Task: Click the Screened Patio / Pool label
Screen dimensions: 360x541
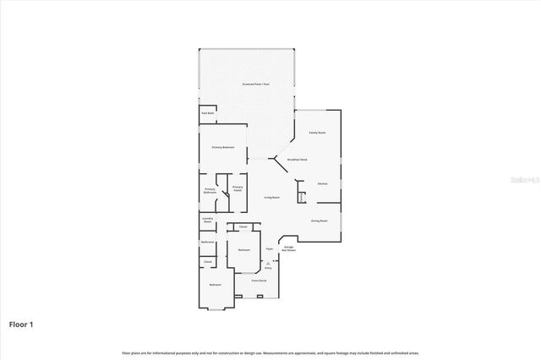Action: (x=255, y=85)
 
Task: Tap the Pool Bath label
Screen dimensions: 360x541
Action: (x=207, y=113)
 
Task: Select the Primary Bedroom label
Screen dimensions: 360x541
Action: (x=223, y=147)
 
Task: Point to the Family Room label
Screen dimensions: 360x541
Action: (x=317, y=133)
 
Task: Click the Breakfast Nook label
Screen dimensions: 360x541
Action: (x=297, y=160)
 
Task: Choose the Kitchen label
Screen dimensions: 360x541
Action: (x=322, y=183)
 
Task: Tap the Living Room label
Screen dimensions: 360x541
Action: (x=271, y=197)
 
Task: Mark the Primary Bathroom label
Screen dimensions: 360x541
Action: (x=210, y=191)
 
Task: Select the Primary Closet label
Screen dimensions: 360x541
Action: (x=238, y=188)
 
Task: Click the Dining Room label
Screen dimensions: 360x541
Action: (x=320, y=220)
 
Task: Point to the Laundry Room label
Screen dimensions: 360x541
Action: (x=207, y=221)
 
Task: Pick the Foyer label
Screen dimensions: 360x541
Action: (x=270, y=249)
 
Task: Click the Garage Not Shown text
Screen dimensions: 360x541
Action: (x=288, y=249)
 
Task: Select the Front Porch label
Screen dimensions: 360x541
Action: (x=258, y=280)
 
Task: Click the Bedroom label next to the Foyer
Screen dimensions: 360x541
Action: (x=243, y=250)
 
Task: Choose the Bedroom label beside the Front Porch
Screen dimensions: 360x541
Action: (x=216, y=285)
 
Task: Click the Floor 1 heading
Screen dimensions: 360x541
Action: (x=22, y=324)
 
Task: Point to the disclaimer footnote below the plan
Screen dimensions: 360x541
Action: (x=270, y=352)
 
